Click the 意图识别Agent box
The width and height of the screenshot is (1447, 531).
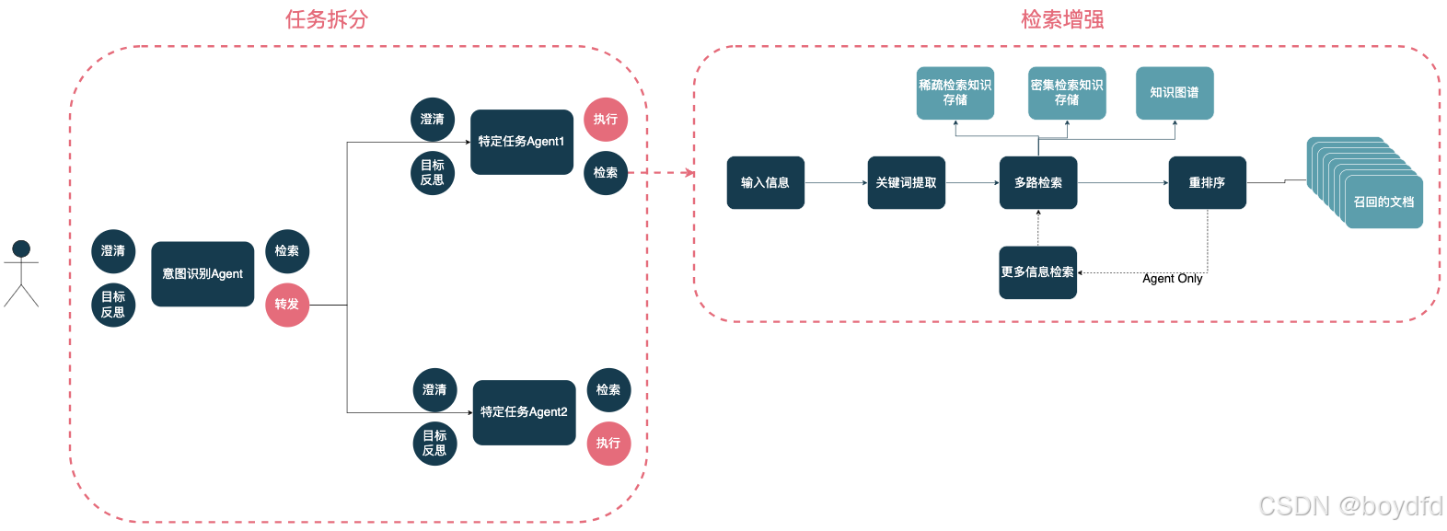[x=203, y=274]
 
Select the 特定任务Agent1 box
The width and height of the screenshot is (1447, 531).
[x=522, y=142]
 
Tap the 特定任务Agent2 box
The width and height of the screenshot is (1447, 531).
[x=524, y=412]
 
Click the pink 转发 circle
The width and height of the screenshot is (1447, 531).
[x=287, y=305]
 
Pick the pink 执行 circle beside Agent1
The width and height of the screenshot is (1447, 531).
[x=606, y=120]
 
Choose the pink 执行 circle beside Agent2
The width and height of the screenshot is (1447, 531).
[x=608, y=444]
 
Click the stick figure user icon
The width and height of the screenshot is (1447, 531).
[x=21, y=273]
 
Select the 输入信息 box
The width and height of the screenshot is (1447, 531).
[x=765, y=183]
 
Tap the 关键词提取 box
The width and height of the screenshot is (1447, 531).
[x=906, y=183]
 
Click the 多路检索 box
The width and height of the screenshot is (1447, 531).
[x=1038, y=183]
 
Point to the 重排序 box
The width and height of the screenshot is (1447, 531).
[x=1207, y=183]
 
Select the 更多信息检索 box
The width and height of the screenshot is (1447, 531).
[x=1037, y=272]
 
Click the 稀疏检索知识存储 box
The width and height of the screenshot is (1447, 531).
[x=955, y=93]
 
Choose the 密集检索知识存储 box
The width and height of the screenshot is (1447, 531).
[x=1067, y=93]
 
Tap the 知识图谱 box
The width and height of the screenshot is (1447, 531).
[x=1175, y=93]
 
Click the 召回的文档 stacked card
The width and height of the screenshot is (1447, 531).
[x=1383, y=202]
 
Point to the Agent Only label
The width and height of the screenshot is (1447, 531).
[x=1172, y=279]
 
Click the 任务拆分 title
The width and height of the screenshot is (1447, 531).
[x=327, y=19]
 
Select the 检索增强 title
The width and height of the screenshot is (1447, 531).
[x=1062, y=19]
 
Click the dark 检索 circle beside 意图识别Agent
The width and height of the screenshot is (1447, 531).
[x=287, y=251]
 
